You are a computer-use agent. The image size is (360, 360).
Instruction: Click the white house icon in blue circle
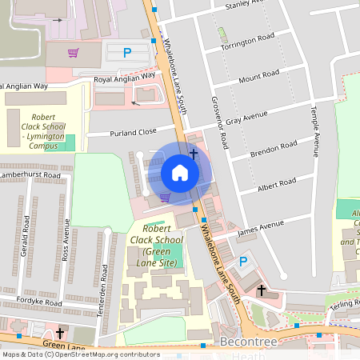(180, 173)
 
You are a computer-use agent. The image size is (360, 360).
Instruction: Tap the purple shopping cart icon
(74, 54)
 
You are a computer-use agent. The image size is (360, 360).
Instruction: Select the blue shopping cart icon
(165, 197)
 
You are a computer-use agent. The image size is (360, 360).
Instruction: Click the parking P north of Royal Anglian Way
(126, 54)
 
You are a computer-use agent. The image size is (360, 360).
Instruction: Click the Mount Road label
(258, 77)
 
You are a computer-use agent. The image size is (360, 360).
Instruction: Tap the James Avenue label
(261, 228)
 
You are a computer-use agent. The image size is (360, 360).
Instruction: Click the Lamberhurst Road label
(30, 174)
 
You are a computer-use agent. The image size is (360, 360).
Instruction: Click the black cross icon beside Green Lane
(60, 333)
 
